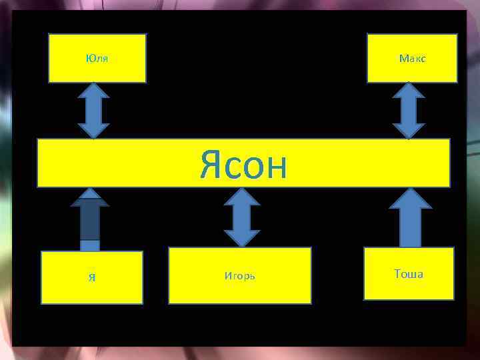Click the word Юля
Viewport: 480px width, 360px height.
click(97, 58)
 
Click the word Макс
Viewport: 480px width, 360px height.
click(413, 58)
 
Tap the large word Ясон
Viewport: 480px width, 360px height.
click(243, 165)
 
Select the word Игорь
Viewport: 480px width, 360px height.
click(240, 275)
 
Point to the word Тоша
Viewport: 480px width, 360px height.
click(409, 274)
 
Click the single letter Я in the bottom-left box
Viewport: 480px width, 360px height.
click(91, 277)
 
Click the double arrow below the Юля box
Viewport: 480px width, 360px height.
click(93, 111)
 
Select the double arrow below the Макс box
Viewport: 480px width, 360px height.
click(409, 111)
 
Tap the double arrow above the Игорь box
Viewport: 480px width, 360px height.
click(241, 217)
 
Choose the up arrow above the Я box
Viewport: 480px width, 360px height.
click(90, 220)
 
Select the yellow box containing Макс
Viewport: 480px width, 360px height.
click(412, 67)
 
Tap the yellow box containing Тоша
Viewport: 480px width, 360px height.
click(409, 287)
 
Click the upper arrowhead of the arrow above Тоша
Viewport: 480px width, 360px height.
click(411, 198)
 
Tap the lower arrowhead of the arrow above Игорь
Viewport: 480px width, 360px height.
click(241, 237)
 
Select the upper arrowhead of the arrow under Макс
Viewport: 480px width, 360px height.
click(409, 93)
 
